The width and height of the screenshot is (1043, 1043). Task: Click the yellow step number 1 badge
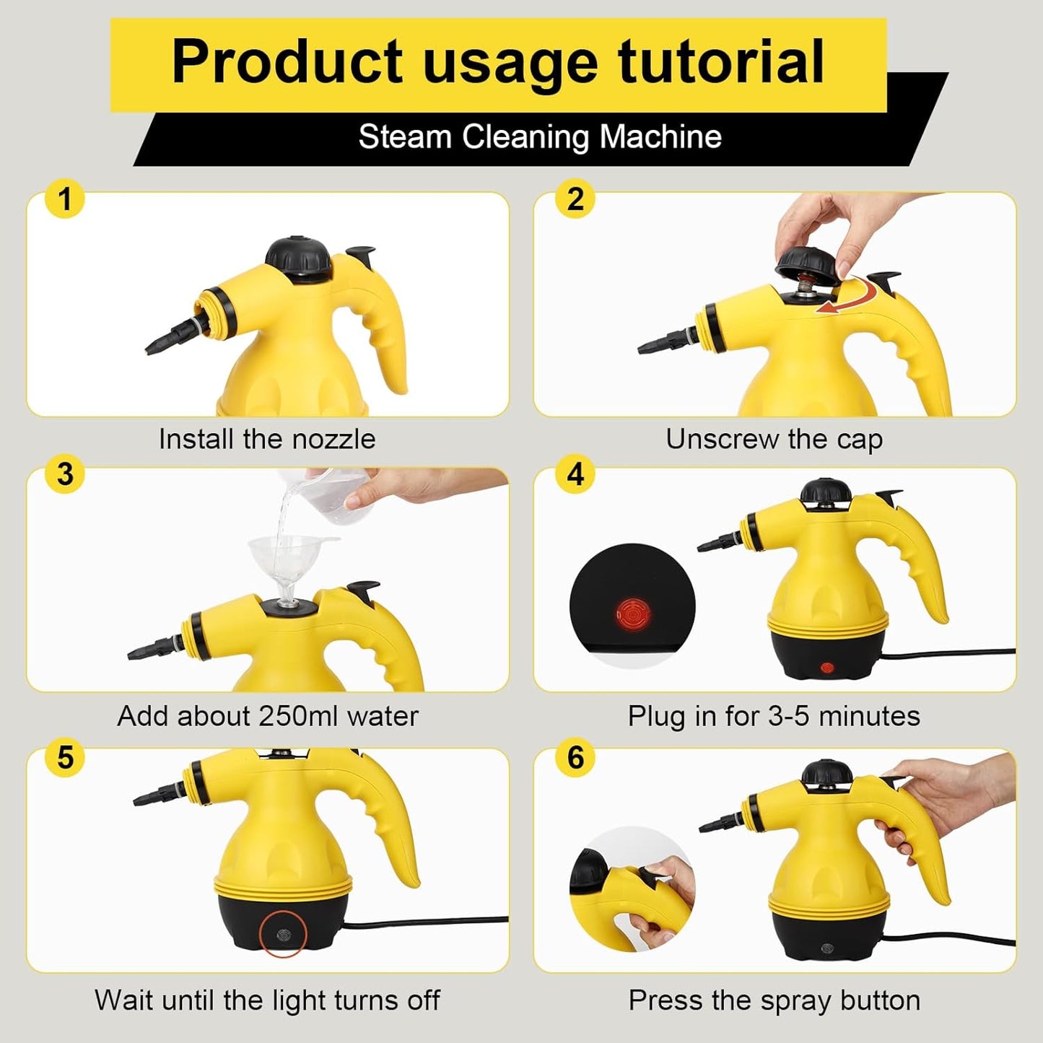pos(65,200)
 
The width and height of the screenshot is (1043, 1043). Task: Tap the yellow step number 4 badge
pos(575,475)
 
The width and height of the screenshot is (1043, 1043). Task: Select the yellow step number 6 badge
pos(575,758)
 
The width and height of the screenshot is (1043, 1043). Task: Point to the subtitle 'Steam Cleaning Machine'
pos(540,137)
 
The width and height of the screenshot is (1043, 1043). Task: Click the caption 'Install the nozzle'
pos(267,440)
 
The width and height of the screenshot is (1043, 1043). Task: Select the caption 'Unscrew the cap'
pos(774,440)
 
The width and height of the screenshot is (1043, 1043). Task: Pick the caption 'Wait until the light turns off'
pos(267,1000)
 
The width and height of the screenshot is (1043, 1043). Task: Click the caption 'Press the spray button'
pos(774,1000)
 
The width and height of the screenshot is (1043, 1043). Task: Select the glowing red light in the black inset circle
pos(633,615)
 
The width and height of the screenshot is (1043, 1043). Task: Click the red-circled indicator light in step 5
pos(283,935)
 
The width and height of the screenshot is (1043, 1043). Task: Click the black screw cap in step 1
pos(297,254)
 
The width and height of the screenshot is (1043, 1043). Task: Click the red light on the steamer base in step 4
pos(827,668)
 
